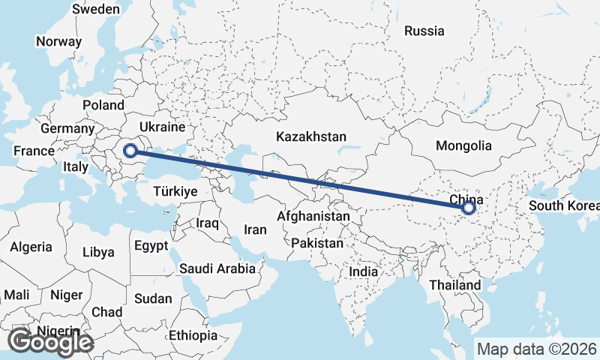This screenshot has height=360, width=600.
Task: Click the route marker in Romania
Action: [130, 151]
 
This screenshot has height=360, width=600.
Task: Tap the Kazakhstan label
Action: [310, 137]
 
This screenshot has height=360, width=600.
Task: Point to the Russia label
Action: [424, 31]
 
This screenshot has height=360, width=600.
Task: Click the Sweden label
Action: [95, 9]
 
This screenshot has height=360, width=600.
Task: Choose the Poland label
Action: [103, 105]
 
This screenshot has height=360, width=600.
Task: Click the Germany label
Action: [67, 128]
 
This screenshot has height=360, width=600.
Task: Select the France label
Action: [34, 151]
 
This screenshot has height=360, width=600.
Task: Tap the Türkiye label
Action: [174, 191]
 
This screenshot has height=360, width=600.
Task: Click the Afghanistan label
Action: [313, 216]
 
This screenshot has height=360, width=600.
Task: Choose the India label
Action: [364, 271]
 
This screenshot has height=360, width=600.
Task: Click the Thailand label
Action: [455, 285]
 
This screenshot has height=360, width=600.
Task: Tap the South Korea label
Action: [563, 205]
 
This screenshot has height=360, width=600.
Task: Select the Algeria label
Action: [31, 246]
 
